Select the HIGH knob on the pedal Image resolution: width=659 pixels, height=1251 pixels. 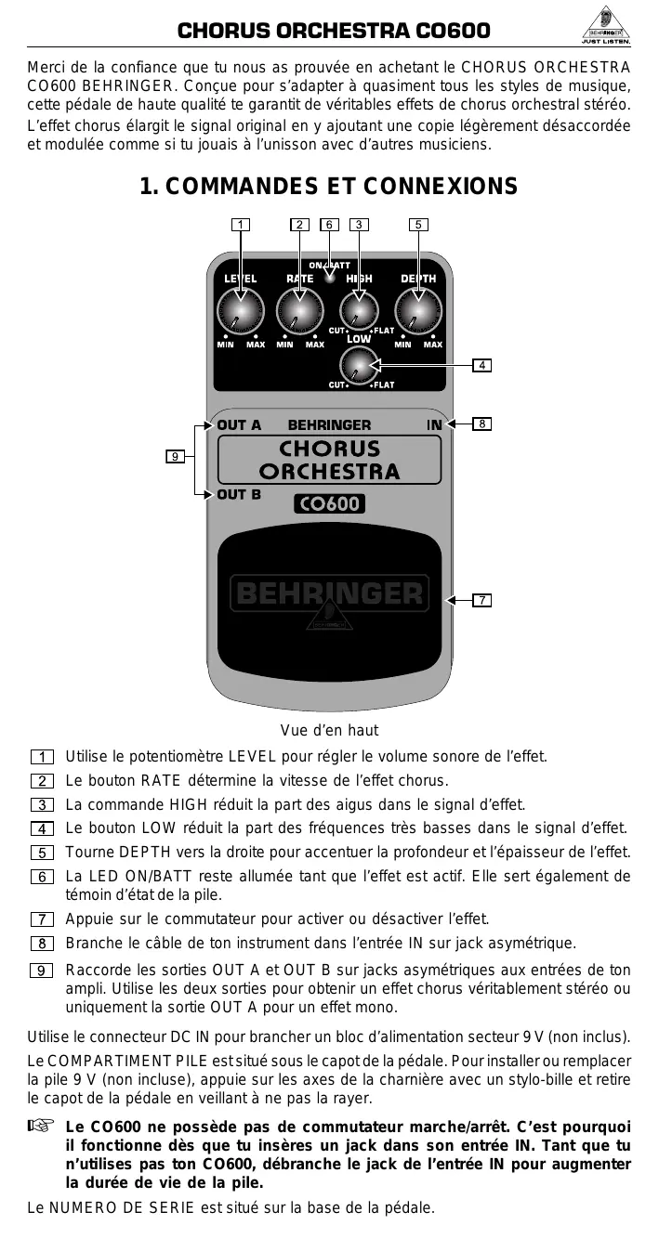[359, 311]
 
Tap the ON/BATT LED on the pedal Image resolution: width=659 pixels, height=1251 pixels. [329, 277]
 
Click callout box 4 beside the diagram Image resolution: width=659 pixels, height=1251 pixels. [481, 365]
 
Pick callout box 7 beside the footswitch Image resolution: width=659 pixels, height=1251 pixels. [481, 600]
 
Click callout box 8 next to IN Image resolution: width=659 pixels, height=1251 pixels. [481, 424]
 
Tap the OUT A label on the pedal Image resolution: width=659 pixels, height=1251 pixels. [239, 425]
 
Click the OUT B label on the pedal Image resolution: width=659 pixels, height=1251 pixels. [239, 494]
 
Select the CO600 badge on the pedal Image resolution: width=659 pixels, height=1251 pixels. [329, 504]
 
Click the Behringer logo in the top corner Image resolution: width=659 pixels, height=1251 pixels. [607, 32]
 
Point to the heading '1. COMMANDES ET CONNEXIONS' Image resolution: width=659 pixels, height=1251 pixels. [328, 187]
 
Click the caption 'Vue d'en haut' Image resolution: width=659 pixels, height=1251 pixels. [329, 731]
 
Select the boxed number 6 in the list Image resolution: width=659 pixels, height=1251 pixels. [41, 877]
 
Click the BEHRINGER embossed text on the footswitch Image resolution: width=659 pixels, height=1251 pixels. [329, 593]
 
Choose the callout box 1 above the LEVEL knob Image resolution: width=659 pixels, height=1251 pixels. [241, 225]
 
